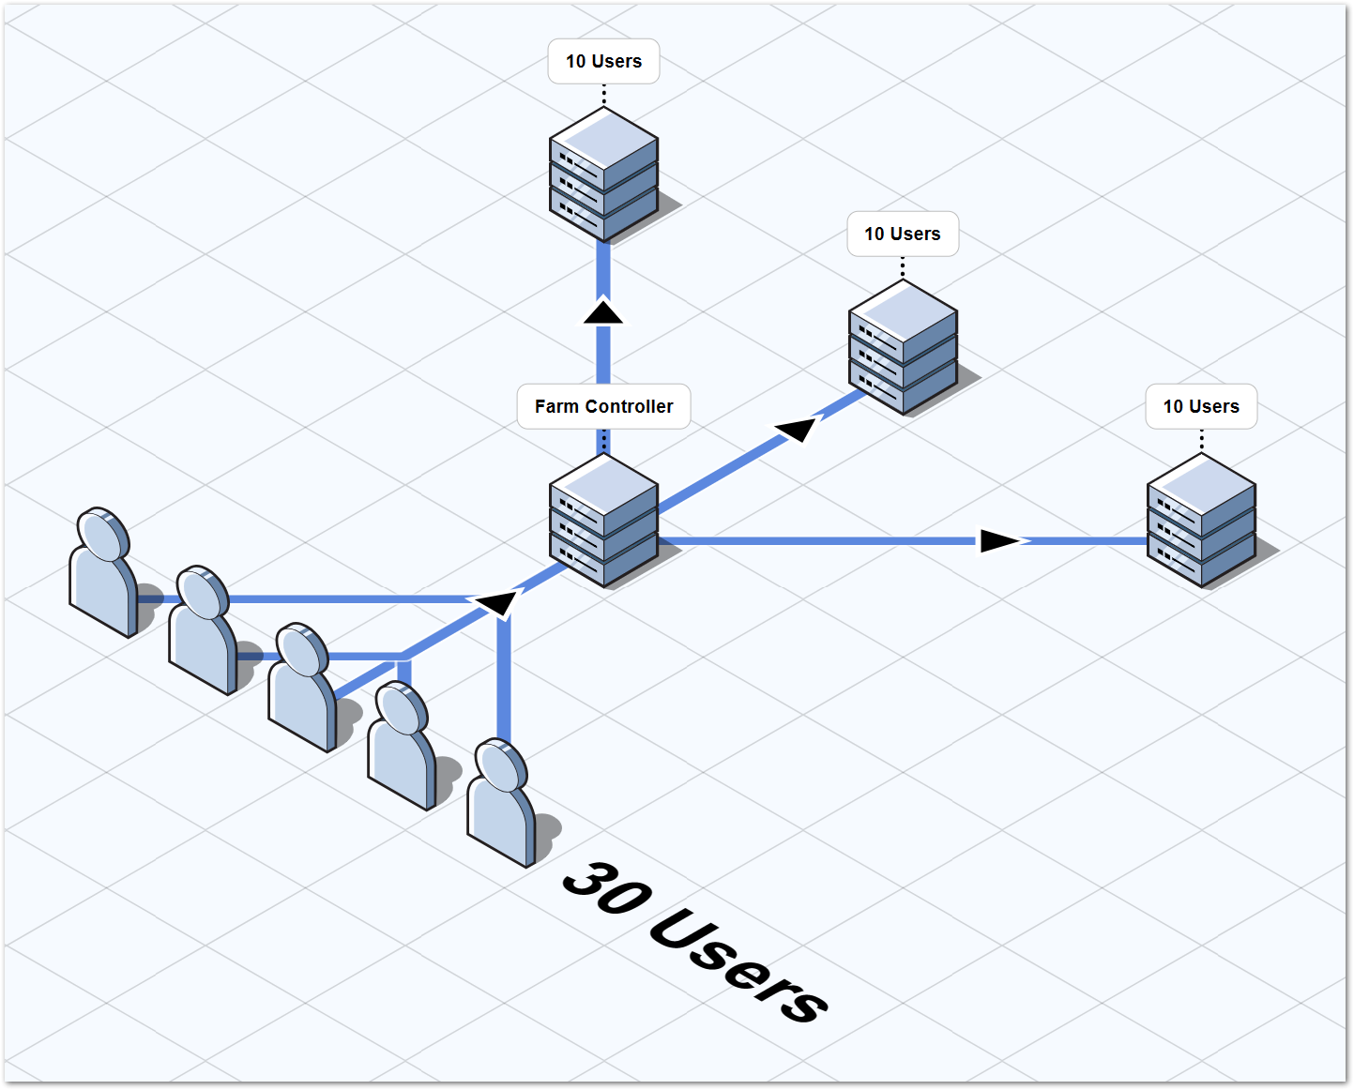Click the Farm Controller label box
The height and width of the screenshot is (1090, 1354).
(x=603, y=406)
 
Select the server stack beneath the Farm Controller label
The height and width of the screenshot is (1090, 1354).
(x=603, y=522)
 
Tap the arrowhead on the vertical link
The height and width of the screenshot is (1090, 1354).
(x=603, y=311)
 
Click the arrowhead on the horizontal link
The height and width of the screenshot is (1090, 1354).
(x=999, y=540)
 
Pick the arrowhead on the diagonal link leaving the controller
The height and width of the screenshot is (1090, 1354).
(x=797, y=430)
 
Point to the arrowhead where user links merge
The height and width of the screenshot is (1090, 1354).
(x=497, y=601)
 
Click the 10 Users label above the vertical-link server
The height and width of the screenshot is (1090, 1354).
(x=603, y=62)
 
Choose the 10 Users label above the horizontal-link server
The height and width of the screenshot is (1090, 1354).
(x=1201, y=406)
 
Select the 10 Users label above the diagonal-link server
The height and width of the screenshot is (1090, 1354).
(x=903, y=234)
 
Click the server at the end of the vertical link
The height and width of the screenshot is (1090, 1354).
(x=603, y=174)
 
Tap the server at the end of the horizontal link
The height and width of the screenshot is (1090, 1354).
(x=1201, y=522)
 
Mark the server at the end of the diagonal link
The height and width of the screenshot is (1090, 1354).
(x=903, y=348)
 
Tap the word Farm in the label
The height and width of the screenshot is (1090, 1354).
(x=556, y=406)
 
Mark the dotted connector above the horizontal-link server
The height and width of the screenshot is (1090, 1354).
(x=1201, y=440)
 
